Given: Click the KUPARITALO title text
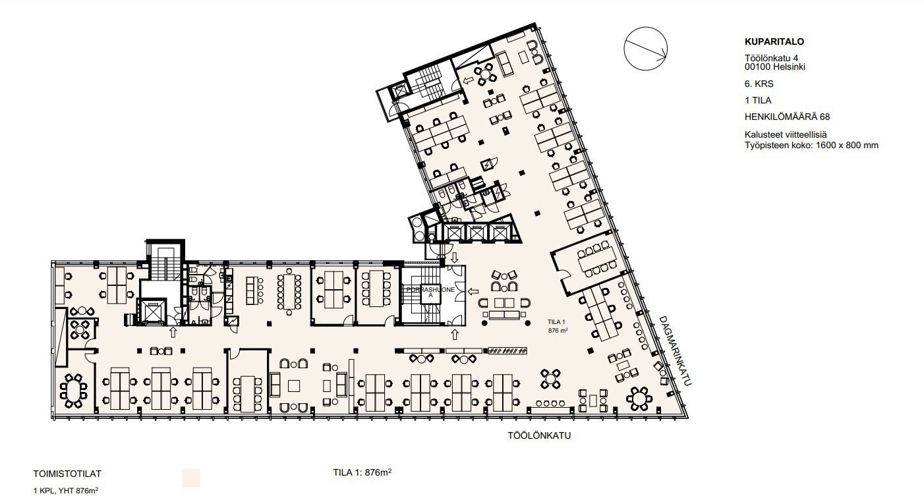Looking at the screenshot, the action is (774, 42).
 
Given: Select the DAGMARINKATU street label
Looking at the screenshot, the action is (675, 350).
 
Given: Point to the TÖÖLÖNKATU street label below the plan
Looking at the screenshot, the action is (539, 435).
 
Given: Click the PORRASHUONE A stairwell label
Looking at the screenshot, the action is (430, 292).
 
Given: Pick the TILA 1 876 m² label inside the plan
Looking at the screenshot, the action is (558, 326).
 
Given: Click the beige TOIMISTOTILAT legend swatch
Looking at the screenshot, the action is (191, 478).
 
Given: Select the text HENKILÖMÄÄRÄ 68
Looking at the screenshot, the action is (787, 117).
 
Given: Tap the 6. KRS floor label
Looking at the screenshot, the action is (759, 84).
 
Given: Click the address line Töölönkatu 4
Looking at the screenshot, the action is (771, 58).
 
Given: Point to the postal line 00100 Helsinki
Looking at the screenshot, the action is (775, 67).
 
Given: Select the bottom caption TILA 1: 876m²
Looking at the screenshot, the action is (362, 472).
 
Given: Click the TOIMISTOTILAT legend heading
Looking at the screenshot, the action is (67, 474).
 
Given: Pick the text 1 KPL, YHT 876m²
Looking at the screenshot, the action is (66, 491).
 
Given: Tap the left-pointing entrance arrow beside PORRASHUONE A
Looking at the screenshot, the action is (473, 291).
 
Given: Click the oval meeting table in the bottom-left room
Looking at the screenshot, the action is (74, 391).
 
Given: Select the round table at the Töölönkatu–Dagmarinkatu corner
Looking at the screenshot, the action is (639, 399).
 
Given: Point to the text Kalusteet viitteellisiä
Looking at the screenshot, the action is (786, 135).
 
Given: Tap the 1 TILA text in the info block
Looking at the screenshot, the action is (758, 101).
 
